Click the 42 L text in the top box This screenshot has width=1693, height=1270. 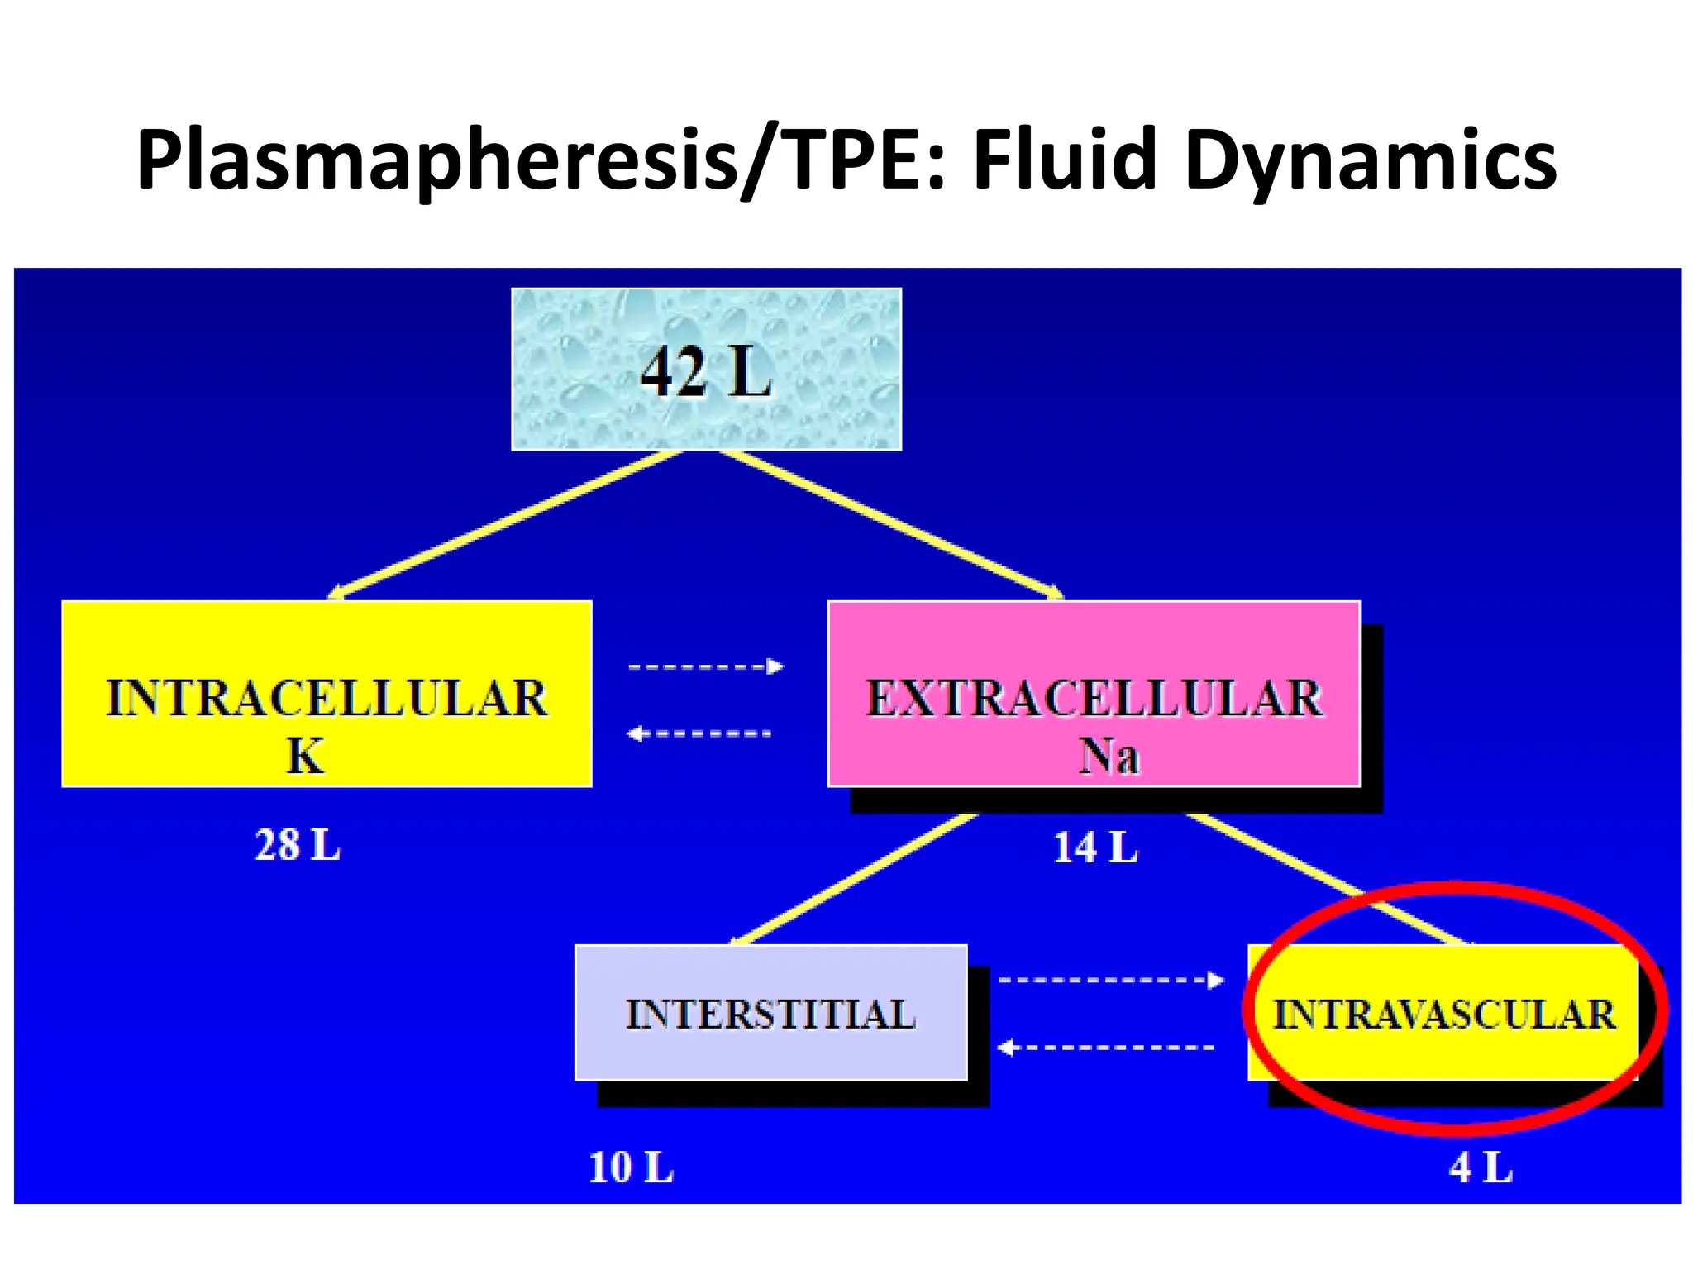706,372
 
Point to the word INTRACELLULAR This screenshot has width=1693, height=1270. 327,699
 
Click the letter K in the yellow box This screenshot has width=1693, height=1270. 305,756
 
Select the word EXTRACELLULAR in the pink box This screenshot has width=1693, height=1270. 1094,699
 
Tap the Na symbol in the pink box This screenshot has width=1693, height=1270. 1109,756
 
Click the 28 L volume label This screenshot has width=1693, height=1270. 297,845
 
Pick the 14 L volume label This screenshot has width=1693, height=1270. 1094,847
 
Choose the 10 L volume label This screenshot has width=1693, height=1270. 630,1167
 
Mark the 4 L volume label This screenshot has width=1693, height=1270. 1480,1167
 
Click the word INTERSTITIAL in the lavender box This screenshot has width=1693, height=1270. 770,1015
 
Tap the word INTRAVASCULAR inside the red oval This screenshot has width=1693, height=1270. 1443,1015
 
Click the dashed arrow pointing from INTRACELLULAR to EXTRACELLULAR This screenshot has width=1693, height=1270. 705,666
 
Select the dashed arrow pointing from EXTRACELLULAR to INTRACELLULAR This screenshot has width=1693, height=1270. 699,733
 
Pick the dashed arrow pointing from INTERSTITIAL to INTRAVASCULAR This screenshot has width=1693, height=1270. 1110,981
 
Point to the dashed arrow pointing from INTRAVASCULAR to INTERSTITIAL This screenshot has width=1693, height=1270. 1105,1048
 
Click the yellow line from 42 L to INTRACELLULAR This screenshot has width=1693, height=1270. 506,524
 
